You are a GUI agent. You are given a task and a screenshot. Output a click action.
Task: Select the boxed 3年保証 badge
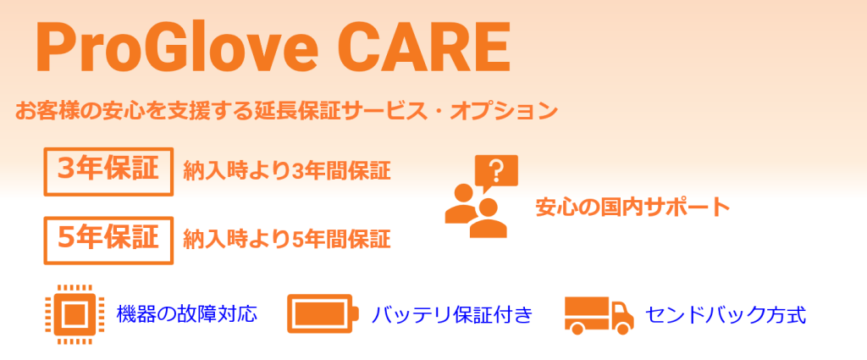tap(108, 171)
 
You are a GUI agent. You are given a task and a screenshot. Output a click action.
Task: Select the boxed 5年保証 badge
tap(108, 240)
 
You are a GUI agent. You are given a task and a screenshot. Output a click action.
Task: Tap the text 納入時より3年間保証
tap(286, 171)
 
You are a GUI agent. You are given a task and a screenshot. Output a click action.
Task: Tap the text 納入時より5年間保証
tap(286, 240)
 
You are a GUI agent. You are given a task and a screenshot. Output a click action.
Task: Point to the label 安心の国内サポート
tap(632, 207)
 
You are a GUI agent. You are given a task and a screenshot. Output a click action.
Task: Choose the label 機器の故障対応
tap(186, 315)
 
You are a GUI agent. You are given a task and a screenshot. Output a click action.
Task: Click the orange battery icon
tap(322, 315)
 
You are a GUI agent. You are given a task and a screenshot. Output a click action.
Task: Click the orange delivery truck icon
tap(599, 315)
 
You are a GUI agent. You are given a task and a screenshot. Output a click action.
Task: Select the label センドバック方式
tap(725, 316)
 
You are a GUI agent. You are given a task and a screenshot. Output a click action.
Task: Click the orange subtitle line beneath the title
tap(286, 111)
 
